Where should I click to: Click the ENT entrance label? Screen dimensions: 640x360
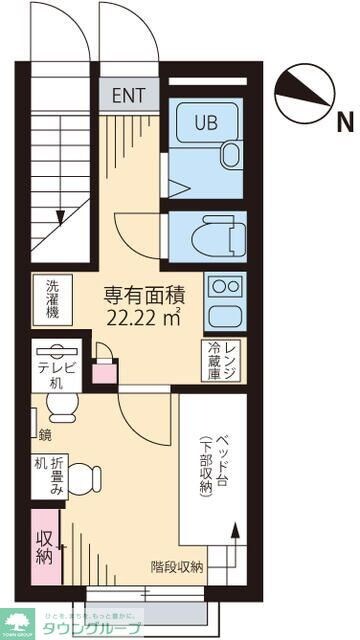tap(128, 96)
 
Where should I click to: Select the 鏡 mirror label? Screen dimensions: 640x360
tap(44, 434)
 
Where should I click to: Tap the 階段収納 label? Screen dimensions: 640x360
tap(177, 567)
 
